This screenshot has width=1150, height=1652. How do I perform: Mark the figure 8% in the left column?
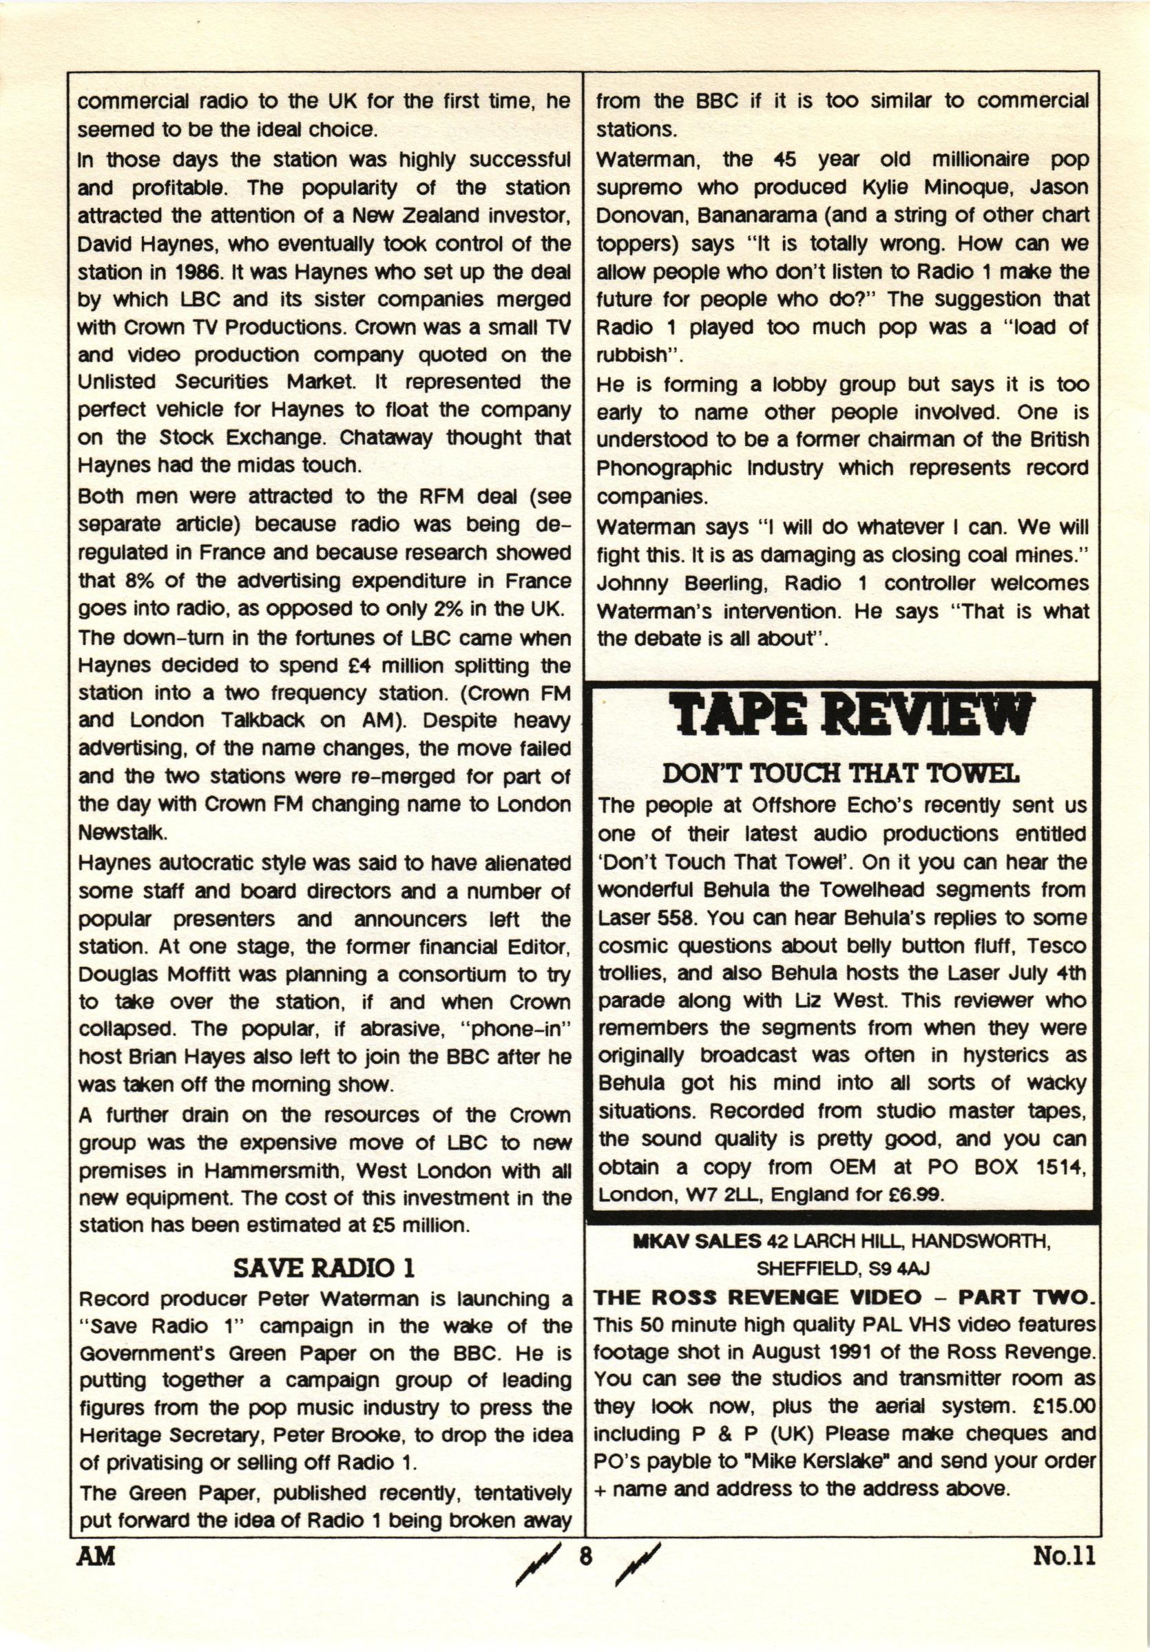point(123,580)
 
